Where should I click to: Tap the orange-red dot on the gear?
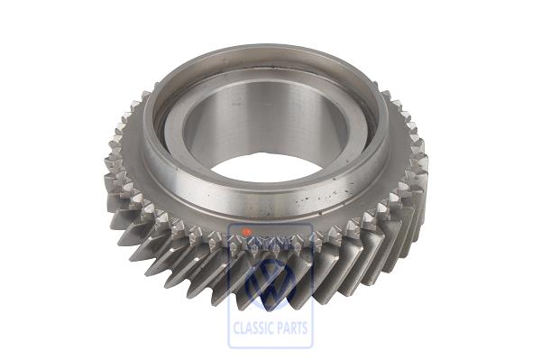click(x=246, y=232)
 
